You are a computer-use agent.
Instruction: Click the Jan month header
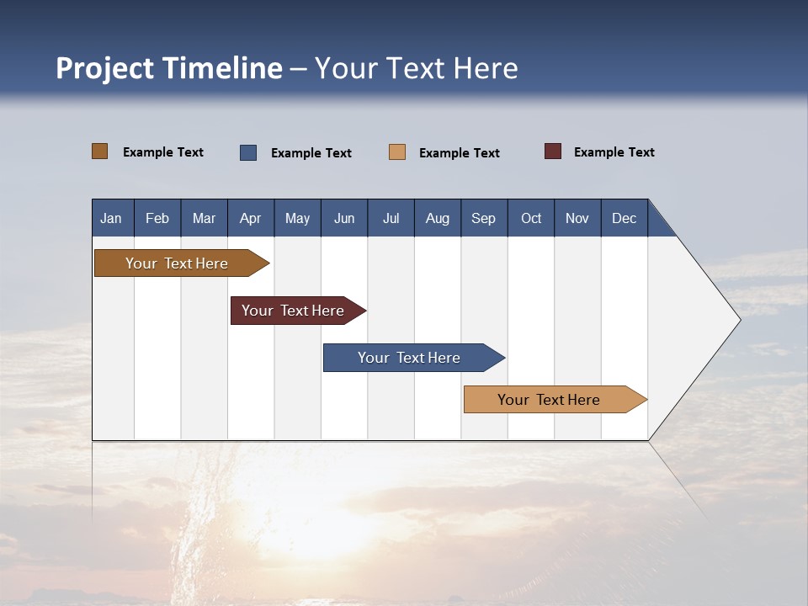112,218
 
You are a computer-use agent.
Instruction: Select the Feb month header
157,218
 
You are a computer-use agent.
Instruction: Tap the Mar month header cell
204,218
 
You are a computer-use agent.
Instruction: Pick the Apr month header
251,218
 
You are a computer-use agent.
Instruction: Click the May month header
297,218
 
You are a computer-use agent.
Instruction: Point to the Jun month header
344,218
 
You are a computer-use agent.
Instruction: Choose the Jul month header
391,218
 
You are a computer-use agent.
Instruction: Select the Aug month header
438,218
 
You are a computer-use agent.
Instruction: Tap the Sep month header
484,218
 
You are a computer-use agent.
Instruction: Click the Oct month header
531,218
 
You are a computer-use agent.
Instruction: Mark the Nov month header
577,218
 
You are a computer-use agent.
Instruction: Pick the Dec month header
625,218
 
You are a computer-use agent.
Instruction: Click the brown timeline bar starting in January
178,263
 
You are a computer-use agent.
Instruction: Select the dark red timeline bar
294,311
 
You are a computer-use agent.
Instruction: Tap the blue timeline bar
410,358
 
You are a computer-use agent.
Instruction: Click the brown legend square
100,151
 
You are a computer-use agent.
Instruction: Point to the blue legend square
248,152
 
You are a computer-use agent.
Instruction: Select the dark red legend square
553,151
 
